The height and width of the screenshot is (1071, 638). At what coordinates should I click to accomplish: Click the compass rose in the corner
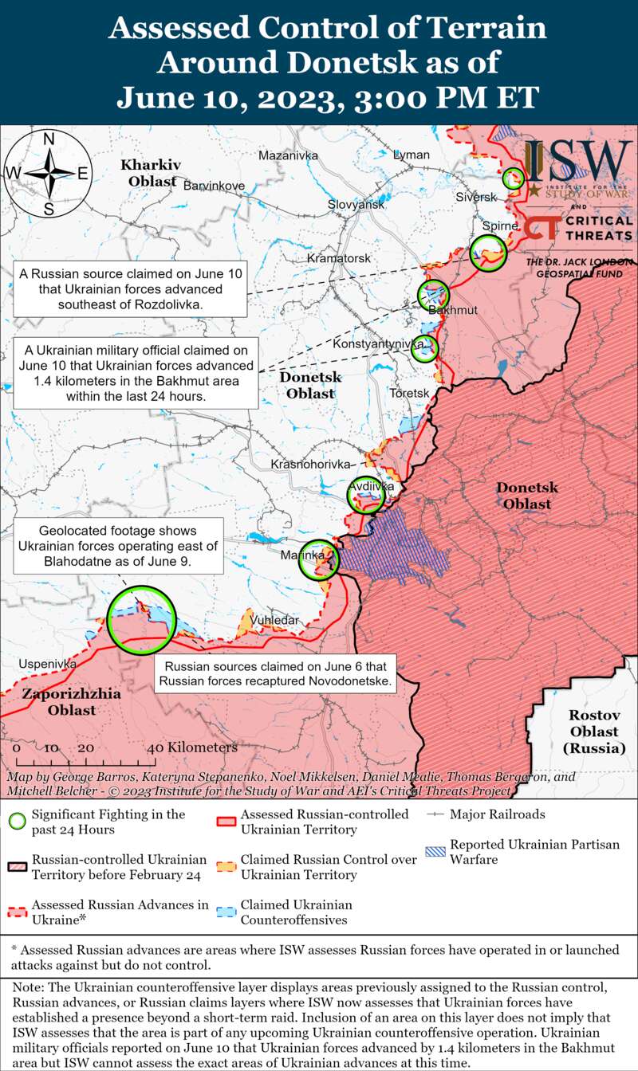coord(48,174)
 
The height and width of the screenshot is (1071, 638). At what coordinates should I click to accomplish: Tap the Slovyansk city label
coord(356,205)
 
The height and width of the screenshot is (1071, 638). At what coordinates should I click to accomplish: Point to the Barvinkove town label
coord(214,186)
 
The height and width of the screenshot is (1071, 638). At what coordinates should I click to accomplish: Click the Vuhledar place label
coord(274,620)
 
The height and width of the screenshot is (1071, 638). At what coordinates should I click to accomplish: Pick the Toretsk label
coord(409,394)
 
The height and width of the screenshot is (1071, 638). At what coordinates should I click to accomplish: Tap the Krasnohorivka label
coord(310,464)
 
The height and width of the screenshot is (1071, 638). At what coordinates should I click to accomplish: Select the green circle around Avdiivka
coord(366,496)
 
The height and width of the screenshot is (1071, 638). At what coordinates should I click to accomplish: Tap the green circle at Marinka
coord(318,559)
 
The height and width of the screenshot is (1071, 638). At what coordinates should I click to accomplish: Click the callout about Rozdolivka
coord(130,288)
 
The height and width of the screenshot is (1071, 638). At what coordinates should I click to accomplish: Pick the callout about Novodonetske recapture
coord(275,674)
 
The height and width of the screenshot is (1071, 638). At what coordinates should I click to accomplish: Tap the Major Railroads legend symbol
coord(435,814)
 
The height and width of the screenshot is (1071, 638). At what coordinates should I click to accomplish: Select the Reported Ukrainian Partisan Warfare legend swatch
coord(435,851)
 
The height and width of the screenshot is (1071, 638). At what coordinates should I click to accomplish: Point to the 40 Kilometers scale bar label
coord(192,747)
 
